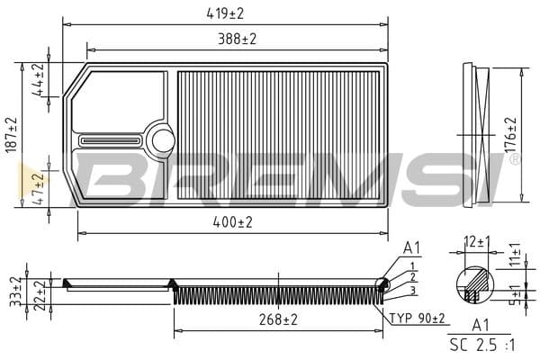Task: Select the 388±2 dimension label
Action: click(x=235, y=40)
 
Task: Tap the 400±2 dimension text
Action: click(x=232, y=221)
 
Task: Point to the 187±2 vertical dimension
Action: click(x=12, y=135)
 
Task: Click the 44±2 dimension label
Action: click(x=38, y=80)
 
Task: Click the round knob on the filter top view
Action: click(x=163, y=139)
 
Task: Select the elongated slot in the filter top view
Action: click(x=110, y=140)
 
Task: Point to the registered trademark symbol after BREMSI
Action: click(x=514, y=159)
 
